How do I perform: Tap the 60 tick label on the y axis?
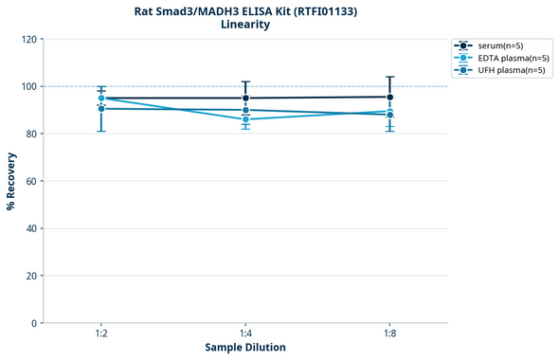(x=30, y=181)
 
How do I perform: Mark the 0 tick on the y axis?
(x=33, y=323)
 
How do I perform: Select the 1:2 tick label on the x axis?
(x=101, y=334)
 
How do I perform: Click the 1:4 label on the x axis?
(x=245, y=334)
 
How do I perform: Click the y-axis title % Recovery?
(x=11, y=181)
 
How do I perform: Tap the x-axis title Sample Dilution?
(x=245, y=348)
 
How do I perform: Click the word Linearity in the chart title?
(x=244, y=25)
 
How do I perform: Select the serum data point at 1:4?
(x=245, y=98)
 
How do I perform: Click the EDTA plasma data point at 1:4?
(x=245, y=119)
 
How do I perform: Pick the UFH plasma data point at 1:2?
(x=101, y=108)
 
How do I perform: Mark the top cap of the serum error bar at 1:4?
(x=245, y=81)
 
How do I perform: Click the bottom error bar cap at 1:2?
(x=101, y=131)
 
